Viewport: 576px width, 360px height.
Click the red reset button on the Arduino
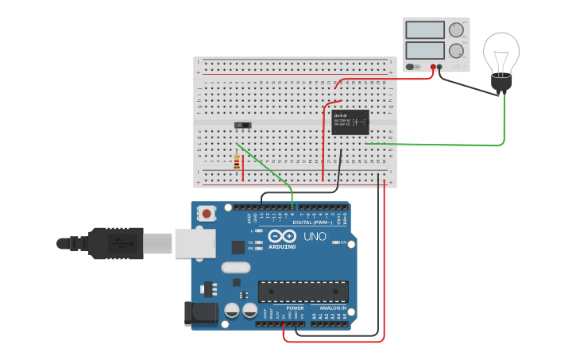tap(207, 213)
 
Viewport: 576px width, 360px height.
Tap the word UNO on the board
tap(315, 236)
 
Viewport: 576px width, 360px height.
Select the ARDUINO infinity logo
tap(282, 236)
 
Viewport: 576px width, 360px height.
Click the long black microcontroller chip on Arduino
tap(303, 291)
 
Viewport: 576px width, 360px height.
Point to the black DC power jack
tap(200, 313)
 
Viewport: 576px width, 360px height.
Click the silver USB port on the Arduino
tap(195, 243)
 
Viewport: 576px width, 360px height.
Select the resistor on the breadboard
tap(237, 162)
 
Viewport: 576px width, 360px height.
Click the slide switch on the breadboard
tap(243, 125)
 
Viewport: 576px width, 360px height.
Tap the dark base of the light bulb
tap(501, 82)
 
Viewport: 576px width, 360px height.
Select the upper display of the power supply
tap(425, 30)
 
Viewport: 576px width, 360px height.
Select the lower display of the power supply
tap(425, 50)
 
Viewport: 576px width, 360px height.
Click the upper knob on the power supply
tap(456, 30)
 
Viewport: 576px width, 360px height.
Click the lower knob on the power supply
tap(456, 51)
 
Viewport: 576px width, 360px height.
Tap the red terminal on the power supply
tap(434, 67)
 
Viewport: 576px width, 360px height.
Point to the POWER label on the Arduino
tap(284, 308)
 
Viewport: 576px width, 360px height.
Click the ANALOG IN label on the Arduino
tap(333, 308)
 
